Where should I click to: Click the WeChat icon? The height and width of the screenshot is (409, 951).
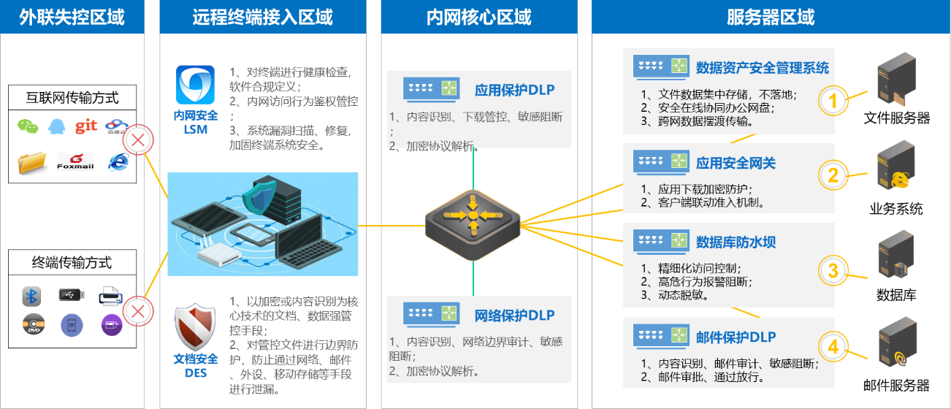pyautogui.click(x=26, y=126)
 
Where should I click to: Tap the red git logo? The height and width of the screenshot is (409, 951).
pyautogui.click(x=86, y=126)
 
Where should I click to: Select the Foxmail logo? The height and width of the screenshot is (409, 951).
pyautogui.click(x=75, y=161)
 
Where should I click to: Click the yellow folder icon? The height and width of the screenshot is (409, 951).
pyautogui.click(x=32, y=162)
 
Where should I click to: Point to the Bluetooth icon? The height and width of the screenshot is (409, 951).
pyautogui.click(x=31, y=296)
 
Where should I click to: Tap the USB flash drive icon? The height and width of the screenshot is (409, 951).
pyautogui.click(x=71, y=295)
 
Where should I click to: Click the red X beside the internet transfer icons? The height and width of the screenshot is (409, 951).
pyautogui.click(x=137, y=141)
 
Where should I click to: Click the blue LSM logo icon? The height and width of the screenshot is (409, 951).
pyautogui.click(x=195, y=85)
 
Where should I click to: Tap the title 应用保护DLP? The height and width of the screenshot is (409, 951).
pyautogui.click(x=514, y=90)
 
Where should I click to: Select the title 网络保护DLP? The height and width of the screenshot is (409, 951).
pyautogui.click(x=514, y=316)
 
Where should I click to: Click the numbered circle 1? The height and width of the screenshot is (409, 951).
pyautogui.click(x=833, y=101)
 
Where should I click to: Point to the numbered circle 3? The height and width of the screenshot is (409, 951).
pyautogui.click(x=833, y=271)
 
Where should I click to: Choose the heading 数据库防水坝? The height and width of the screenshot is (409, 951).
pyautogui.click(x=735, y=242)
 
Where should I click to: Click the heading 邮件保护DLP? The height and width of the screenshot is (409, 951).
pyautogui.click(x=736, y=337)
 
